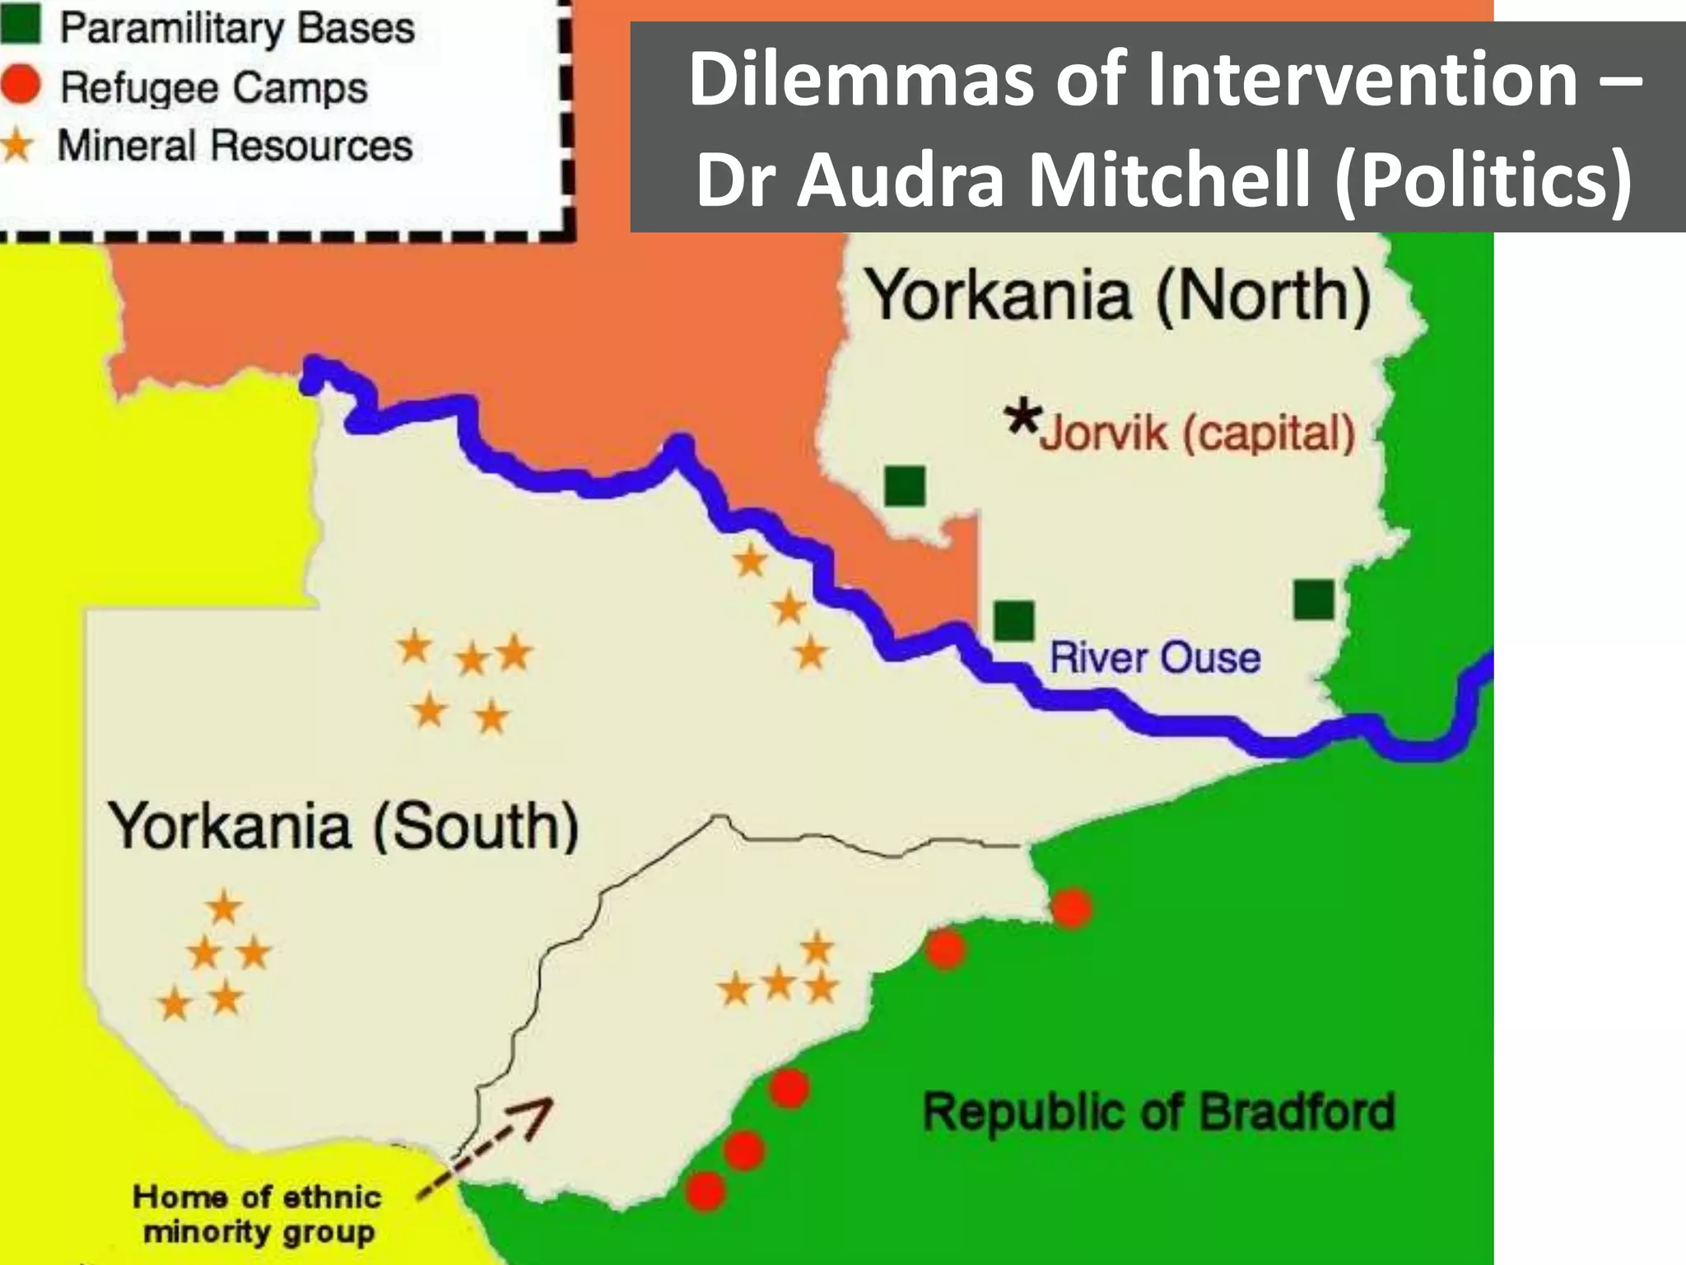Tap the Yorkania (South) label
[344, 826]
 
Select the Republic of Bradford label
[1159, 1112]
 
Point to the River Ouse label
[1155, 658]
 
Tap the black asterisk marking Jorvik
[1023, 418]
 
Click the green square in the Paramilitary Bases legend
[20, 25]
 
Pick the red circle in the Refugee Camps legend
[20, 86]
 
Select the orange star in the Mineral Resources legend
[17, 147]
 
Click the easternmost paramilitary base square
[1314, 599]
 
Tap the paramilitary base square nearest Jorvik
[905, 485]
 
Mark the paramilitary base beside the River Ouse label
[1014, 620]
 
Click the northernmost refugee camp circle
[1072, 908]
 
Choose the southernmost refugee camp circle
[706, 1190]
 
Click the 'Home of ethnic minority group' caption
[258, 1214]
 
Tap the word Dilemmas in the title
[861, 79]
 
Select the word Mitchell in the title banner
[1170, 180]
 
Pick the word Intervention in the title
[1362, 79]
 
